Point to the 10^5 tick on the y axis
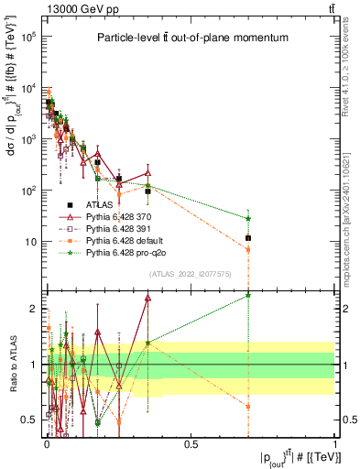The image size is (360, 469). [x=27, y=38]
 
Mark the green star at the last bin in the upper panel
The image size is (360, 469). [x=248, y=218]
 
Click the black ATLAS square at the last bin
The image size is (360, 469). [x=248, y=238]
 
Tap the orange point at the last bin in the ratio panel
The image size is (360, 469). [x=248, y=405]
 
